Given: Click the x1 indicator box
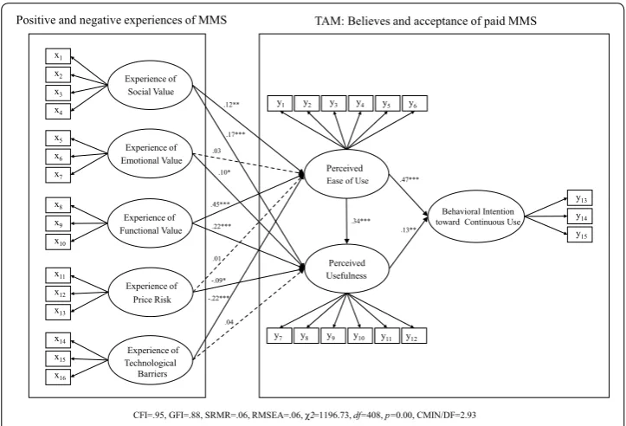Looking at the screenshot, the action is click(x=58, y=56).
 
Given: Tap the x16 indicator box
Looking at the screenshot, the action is click(x=58, y=377).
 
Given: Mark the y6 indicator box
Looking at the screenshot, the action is click(x=415, y=103).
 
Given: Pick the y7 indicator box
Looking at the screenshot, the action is click(x=279, y=336).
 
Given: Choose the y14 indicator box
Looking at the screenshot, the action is click(x=580, y=216).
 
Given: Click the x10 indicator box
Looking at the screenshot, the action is click(x=58, y=242).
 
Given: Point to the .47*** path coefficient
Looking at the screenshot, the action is click(x=410, y=179).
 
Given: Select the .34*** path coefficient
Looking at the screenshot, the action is click(x=360, y=221).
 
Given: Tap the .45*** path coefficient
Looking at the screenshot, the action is click(x=221, y=205).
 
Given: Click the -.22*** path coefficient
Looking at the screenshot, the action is click(x=219, y=298).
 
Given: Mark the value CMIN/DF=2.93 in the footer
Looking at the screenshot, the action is click(x=447, y=416).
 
